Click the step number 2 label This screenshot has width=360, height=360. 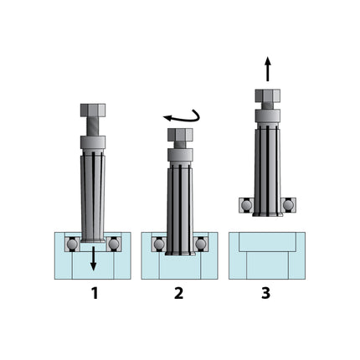coord(179,293)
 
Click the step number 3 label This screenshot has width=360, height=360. coord(266,293)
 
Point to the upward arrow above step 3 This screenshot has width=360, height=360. coord(267,68)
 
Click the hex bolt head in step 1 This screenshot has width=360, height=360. coord(93,111)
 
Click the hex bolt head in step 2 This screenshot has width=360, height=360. coord(180,135)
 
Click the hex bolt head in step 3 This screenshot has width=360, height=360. coord(267,95)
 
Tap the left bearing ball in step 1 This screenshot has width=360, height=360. coord(73,244)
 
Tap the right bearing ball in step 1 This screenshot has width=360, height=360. coord(113,244)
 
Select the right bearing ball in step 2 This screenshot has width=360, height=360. coord(200,244)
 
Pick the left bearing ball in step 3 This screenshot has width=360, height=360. coord(246,203)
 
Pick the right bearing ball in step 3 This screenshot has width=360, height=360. coord(288,203)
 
